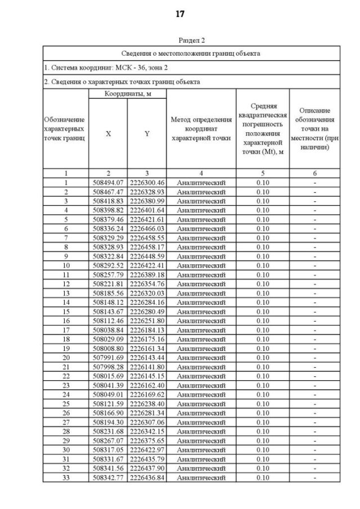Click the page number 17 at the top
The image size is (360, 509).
click(x=180, y=14)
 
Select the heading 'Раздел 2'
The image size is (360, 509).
click(x=191, y=40)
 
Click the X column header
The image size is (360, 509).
click(x=108, y=134)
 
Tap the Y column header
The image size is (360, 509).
click(x=147, y=134)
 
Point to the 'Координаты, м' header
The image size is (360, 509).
click(x=128, y=93)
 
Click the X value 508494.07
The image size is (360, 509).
click(x=108, y=183)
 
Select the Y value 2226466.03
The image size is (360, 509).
click(x=147, y=229)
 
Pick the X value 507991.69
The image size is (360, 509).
click(x=108, y=358)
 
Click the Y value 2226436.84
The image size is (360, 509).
click(x=147, y=478)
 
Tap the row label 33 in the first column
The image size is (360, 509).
click(x=66, y=478)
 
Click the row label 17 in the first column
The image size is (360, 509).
click(x=66, y=330)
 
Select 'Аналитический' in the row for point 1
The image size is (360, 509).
click(x=201, y=183)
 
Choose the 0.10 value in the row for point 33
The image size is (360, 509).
click(x=263, y=478)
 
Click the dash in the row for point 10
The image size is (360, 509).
click(x=315, y=265)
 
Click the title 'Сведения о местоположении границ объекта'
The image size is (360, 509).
click(x=191, y=53)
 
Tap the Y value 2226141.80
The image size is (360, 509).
click(x=147, y=367)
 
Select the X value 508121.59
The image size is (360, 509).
click(x=108, y=404)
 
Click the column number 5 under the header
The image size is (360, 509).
click(x=263, y=173)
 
